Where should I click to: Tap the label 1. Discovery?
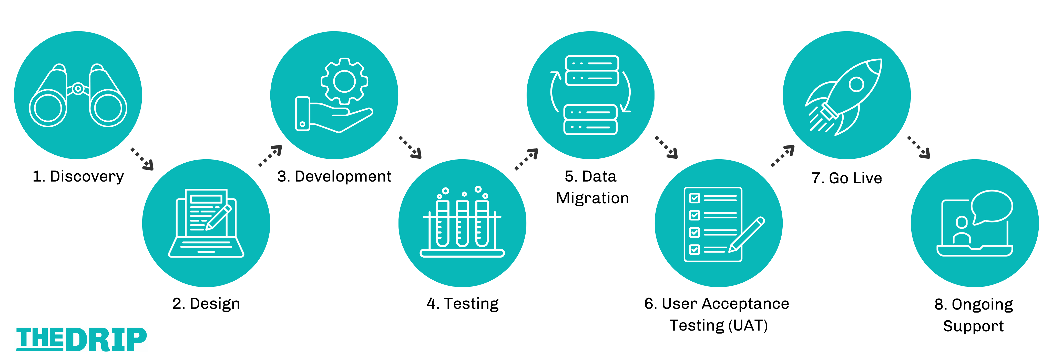point(78,176)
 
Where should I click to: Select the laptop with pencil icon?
point(206,223)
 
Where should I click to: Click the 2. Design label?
point(206,304)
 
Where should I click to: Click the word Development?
point(343,176)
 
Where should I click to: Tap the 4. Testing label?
point(462,304)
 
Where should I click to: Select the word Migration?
point(592,198)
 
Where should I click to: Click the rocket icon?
point(846,97)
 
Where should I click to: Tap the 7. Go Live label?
point(846,178)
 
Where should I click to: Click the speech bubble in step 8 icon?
point(992,206)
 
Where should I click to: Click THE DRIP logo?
point(81,339)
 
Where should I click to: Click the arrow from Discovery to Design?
point(142,158)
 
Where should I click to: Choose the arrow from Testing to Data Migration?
point(526,159)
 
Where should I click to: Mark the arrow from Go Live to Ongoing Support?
point(919,147)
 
